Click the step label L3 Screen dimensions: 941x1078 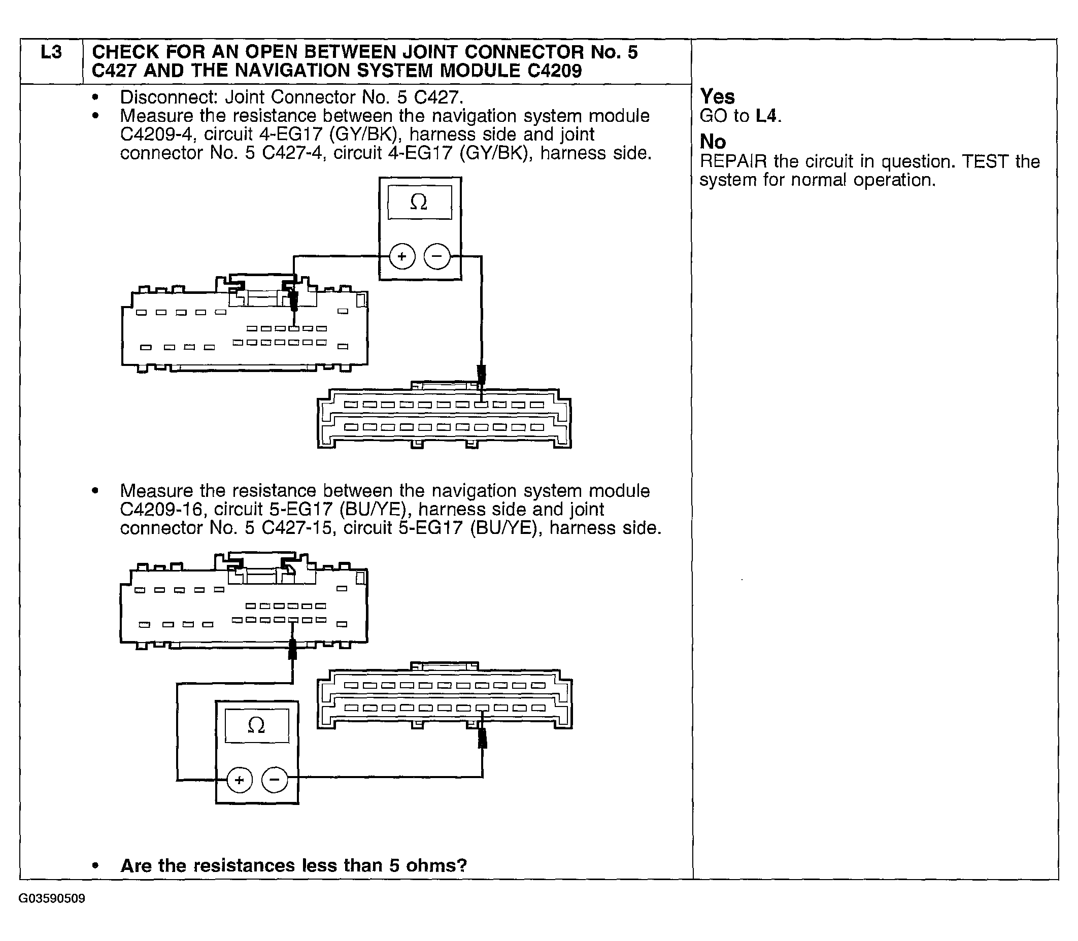51,52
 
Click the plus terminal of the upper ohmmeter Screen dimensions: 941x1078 401,256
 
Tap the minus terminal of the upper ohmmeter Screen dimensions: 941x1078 437,256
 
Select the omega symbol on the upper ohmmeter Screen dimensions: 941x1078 419,201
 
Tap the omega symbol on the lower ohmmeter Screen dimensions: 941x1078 256,725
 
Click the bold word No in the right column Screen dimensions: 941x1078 713,141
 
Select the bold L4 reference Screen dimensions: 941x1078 765,116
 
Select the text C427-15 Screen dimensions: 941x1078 297,527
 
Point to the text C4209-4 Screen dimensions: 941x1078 157,135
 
